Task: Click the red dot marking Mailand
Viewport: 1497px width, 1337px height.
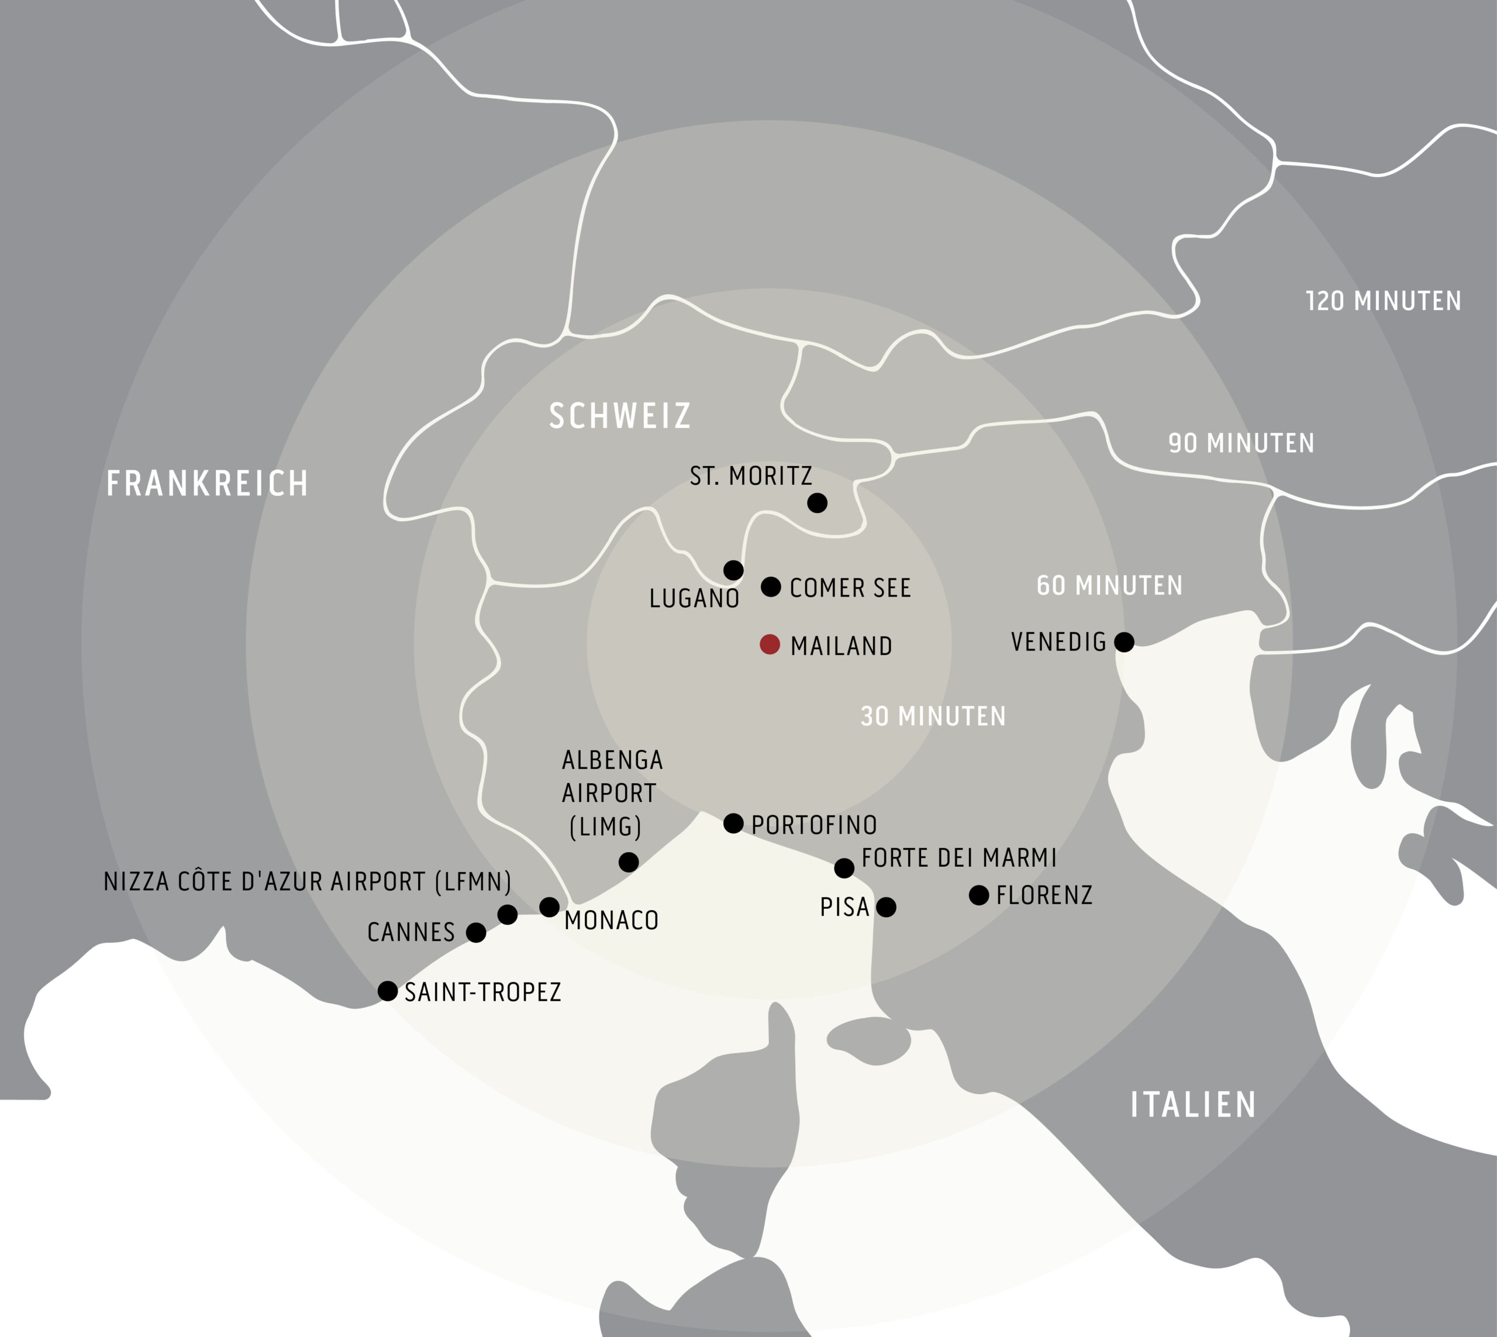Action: [769, 645]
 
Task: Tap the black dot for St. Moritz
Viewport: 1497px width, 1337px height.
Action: [817, 502]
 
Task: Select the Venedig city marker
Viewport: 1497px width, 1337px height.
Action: [1124, 642]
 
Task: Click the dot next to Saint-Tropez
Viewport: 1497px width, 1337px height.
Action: [387, 990]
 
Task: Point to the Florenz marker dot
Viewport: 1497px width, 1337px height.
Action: [978, 895]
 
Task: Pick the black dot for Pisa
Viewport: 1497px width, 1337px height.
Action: [887, 907]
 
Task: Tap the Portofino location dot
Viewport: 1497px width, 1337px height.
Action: [733, 823]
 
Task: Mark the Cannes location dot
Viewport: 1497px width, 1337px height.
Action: [476, 933]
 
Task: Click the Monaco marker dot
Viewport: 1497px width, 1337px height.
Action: [550, 907]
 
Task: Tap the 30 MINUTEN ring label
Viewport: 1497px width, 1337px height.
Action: [933, 716]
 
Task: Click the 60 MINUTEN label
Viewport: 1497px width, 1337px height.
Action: [1109, 585]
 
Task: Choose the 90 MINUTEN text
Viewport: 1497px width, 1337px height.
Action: [1241, 443]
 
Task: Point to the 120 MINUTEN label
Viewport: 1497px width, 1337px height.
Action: [1383, 301]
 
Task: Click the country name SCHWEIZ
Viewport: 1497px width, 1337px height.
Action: [620, 416]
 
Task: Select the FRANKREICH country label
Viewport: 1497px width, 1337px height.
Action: [207, 483]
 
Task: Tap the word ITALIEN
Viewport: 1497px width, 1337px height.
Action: [1193, 1105]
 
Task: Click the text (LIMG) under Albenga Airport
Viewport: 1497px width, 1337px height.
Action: [605, 826]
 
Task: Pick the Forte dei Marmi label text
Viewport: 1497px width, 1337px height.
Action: [958, 857]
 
